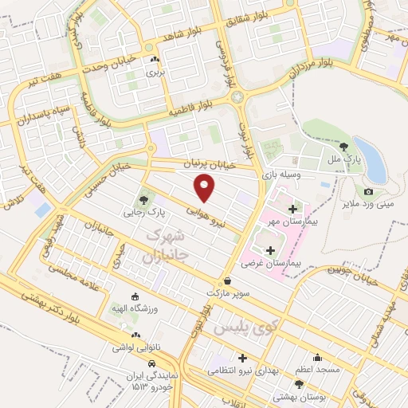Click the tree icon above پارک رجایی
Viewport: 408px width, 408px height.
(x=143, y=200)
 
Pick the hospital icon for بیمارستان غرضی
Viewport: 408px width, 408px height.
(x=269, y=250)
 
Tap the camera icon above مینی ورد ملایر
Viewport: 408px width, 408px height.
(x=368, y=192)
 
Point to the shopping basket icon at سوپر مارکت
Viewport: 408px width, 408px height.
(x=228, y=281)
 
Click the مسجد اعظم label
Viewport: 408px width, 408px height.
(x=318, y=370)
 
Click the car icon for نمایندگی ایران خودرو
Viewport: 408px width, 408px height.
(x=139, y=363)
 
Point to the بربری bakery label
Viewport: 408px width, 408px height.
(x=154, y=72)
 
